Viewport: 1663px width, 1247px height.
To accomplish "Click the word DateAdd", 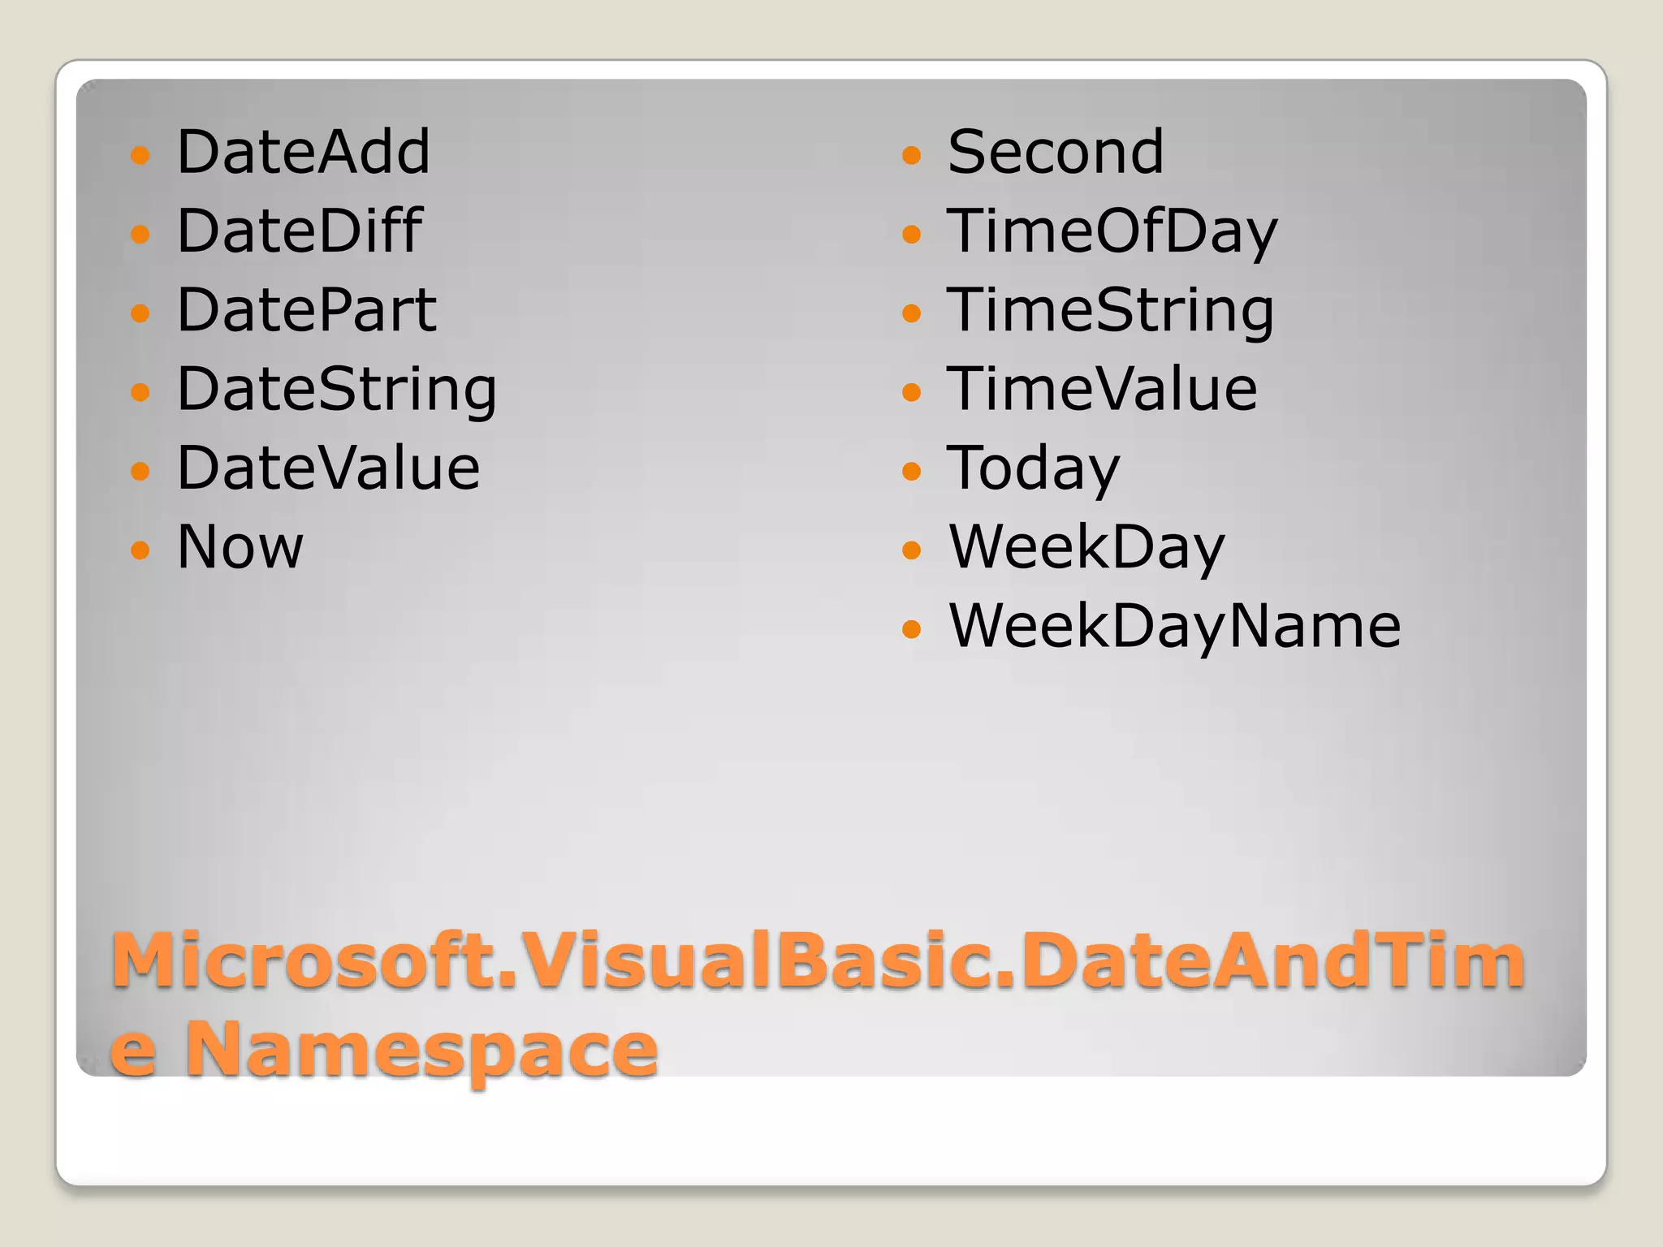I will pyautogui.click(x=303, y=152).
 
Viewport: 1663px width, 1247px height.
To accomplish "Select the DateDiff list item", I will pyautogui.click(x=299, y=231).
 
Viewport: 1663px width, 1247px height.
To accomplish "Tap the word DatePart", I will pyautogui.click(x=306, y=310).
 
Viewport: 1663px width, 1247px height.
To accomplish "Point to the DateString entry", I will pyautogui.click(x=336, y=390).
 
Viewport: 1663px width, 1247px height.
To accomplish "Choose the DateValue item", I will pyautogui.click(x=328, y=468).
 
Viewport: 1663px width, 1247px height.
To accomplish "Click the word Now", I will pyautogui.click(x=240, y=546).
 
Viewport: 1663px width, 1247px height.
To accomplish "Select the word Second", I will pyautogui.click(x=1055, y=152).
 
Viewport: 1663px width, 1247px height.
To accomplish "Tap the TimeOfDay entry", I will pyautogui.click(x=1112, y=231).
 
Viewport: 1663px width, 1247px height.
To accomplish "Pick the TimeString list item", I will pyautogui.click(x=1110, y=311).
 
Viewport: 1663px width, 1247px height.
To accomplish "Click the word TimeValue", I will pyautogui.click(x=1102, y=389).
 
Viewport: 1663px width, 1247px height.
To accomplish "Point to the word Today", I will pyautogui.click(x=1033, y=468).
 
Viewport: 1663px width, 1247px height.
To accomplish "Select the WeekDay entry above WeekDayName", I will pyautogui.click(x=1086, y=547).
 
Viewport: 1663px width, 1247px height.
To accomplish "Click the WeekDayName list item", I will pyautogui.click(x=1174, y=626).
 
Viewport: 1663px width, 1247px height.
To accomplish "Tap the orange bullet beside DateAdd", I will pyautogui.click(x=140, y=154).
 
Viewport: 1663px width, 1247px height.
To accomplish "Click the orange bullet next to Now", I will pyautogui.click(x=140, y=550).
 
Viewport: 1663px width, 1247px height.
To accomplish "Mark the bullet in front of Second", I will pyautogui.click(x=912, y=154).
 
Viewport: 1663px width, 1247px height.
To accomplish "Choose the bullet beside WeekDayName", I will pyautogui.click(x=912, y=628).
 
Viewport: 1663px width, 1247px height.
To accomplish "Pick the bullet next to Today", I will pyautogui.click(x=912, y=471).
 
